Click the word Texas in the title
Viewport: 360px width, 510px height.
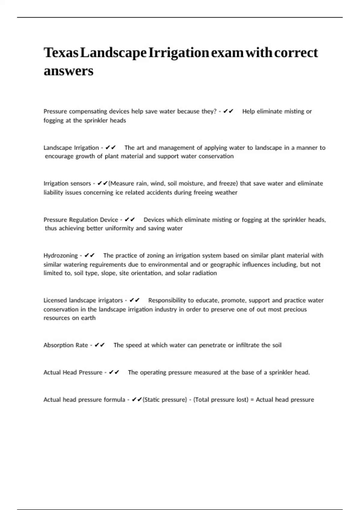61,53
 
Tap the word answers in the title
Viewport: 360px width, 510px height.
68,71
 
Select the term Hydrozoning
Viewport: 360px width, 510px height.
61,256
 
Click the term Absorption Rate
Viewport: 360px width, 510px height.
66,345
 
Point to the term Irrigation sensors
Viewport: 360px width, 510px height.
67,184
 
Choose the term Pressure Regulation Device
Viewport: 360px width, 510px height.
81,220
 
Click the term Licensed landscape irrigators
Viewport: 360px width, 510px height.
83,301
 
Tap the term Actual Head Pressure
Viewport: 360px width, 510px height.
73,373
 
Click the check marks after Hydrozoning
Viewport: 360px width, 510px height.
90,256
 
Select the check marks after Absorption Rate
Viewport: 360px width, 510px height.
100,345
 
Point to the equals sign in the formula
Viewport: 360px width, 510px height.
252,400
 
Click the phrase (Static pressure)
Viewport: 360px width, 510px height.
165,400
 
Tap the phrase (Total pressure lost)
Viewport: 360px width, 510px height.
221,400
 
